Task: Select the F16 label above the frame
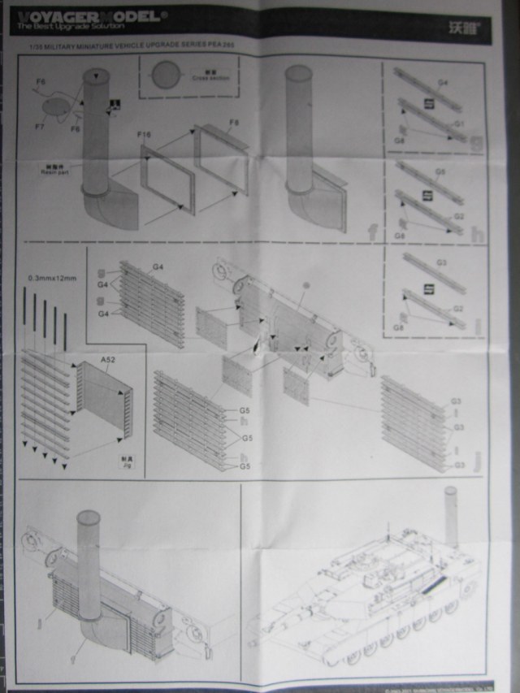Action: click(145, 132)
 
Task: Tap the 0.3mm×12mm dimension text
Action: click(51, 278)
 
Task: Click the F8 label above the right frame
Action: click(234, 123)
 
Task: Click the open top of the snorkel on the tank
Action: click(451, 492)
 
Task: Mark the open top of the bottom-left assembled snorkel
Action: click(88, 517)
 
